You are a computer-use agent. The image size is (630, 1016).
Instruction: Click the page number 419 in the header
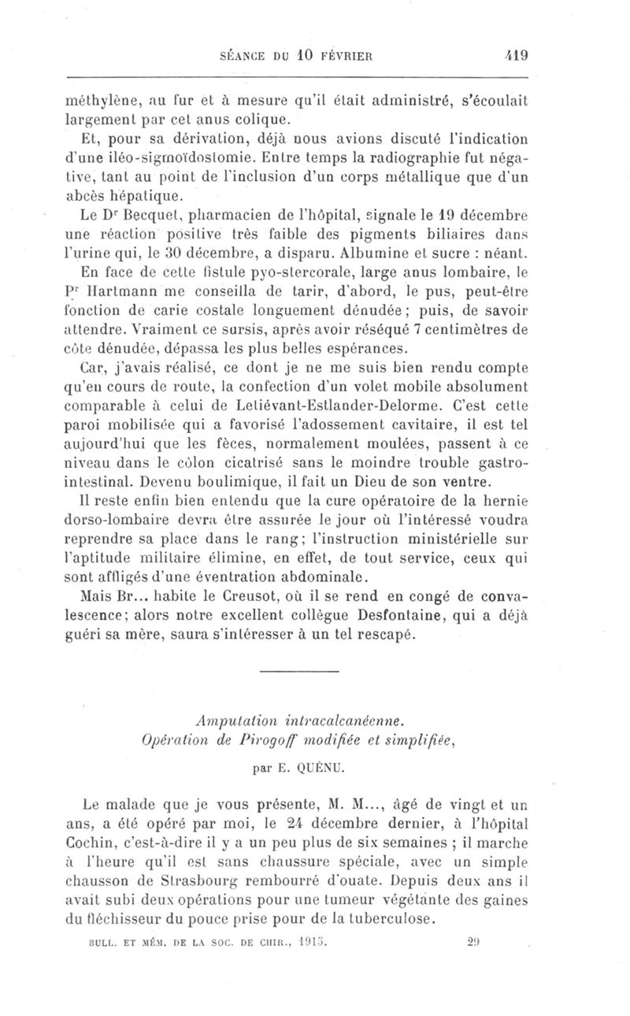[516, 56]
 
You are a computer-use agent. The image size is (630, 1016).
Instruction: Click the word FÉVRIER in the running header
[343, 57]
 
